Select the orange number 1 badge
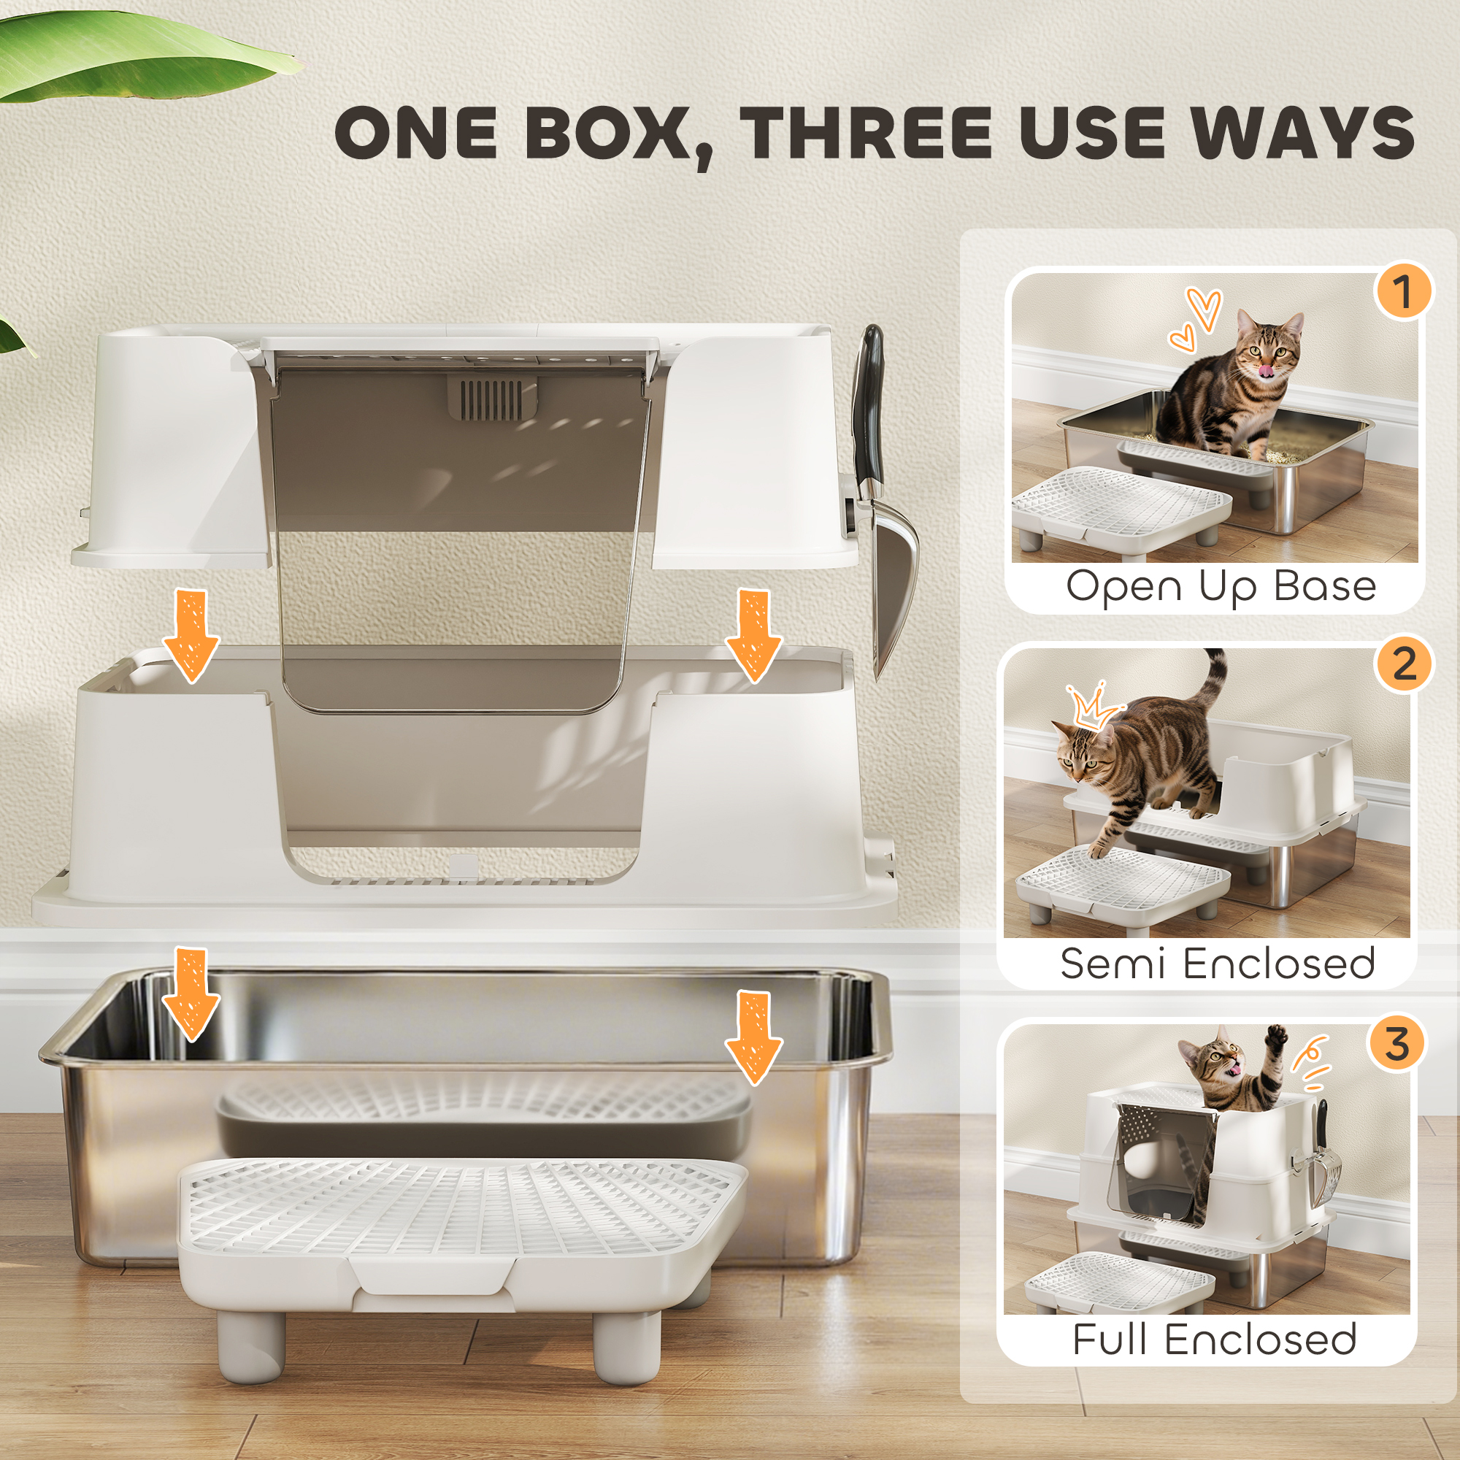click(x=1403, y=291)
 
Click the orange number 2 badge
click(x=1403, y=664)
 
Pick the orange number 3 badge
click(x=1396, y=1045)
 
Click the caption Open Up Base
click(x=1221, y=587)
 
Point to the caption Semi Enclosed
click(x=1217, y=964)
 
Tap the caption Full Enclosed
click(x=1215, y=1339)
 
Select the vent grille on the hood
click(x=491, y=399)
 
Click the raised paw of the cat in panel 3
click(x=1276, y=1036)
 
